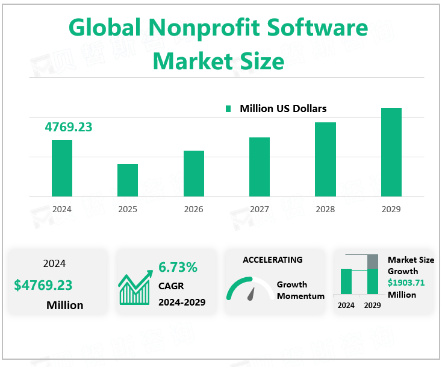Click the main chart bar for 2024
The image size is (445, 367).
[62, 168]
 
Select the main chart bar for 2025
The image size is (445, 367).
[128, 180]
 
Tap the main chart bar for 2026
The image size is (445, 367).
[194, 174]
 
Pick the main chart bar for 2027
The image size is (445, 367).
[260, 167]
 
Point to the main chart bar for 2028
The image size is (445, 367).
[325, 159]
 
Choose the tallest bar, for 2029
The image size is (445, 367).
[391, 152]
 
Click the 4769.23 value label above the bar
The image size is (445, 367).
[69, 127]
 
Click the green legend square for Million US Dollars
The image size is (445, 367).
[229, 109]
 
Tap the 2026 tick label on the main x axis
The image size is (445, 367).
[194, 210]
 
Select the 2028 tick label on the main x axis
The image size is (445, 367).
[325, 210]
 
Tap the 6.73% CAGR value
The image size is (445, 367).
[178, 267]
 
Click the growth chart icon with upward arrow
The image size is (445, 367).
[135, 289]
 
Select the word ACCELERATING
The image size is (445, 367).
[273, 260]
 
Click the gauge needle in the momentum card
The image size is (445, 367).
[251, 293]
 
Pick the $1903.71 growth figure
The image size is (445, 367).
[406, 283]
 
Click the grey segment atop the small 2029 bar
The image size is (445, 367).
[373, 262]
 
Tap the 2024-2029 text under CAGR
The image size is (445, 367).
[182, 302]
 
